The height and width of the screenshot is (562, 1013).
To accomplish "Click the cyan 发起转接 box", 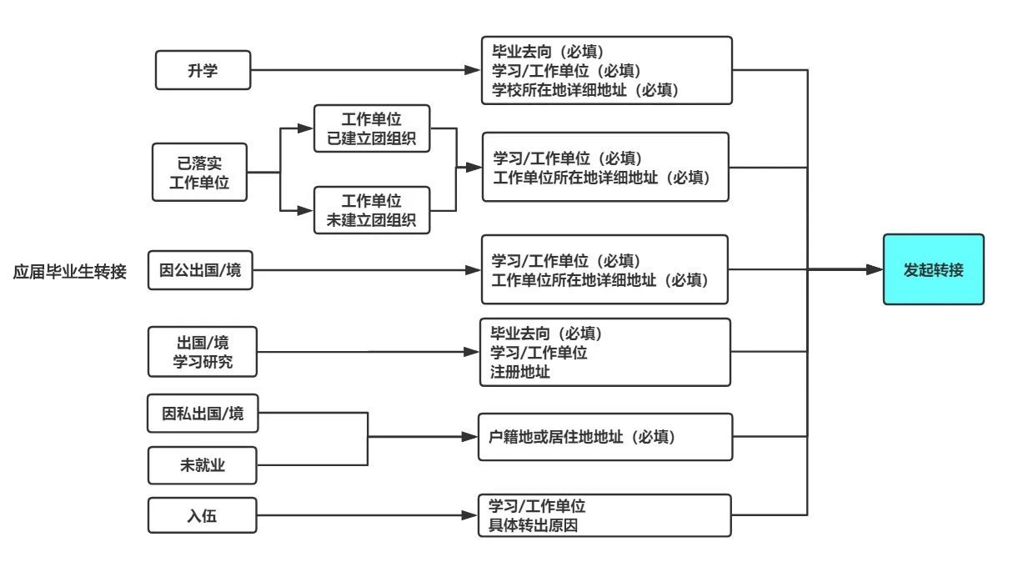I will coord(934,269).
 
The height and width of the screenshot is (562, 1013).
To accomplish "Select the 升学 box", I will coord(203,70).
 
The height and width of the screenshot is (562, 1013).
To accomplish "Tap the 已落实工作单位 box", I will coord(200,173).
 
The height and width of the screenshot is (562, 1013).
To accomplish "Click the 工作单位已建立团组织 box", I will coord(372,128).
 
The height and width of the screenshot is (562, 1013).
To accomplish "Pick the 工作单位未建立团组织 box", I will coord(372,210).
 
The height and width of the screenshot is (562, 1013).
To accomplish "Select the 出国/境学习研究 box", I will coord(203,351).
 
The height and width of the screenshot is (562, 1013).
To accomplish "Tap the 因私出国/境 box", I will coord(203,414).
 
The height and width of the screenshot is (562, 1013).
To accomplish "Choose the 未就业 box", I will coord(203,466).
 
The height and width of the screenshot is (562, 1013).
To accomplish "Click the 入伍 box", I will coord(203,515).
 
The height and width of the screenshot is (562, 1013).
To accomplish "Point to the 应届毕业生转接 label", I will coord(70,272).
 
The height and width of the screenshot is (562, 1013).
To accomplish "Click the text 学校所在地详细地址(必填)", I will coord(585,89).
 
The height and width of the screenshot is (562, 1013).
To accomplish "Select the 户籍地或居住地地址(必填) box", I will coord(605,437).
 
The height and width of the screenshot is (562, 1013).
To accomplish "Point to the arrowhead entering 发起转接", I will coord(875,269).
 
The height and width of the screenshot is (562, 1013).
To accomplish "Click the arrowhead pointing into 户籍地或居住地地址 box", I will coord(472,436).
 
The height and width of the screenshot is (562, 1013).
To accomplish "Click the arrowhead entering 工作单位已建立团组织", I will coord(305,128).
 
